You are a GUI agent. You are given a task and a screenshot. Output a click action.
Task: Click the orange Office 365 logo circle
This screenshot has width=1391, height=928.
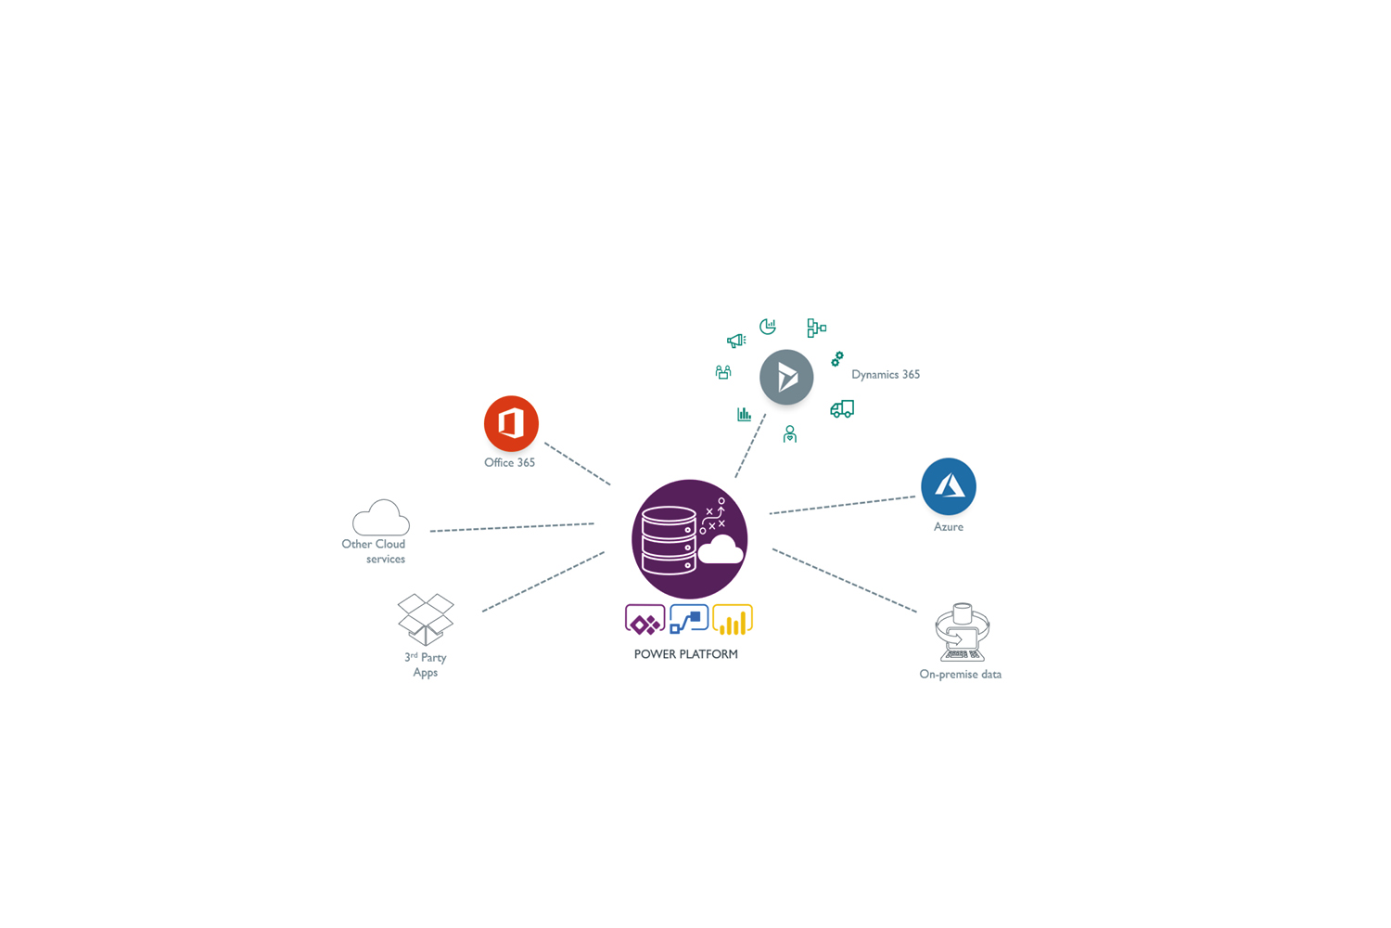(511, 423)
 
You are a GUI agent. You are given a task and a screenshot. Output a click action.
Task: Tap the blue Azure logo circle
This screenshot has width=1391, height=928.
(949, 486)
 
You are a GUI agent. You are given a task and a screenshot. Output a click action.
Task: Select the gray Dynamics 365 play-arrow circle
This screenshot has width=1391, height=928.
(786, 377)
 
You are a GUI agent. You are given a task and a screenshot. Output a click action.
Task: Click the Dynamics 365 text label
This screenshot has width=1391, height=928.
(886, 374)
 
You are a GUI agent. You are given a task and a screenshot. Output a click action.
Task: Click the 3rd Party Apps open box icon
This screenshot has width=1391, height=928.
(426, 619)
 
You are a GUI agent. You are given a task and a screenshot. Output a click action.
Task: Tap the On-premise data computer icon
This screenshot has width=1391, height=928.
(962, 632)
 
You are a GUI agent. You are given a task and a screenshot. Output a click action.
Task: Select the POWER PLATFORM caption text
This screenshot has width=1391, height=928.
(685, 654)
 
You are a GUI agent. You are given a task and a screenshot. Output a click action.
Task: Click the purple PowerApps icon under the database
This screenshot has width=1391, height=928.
(644, 620)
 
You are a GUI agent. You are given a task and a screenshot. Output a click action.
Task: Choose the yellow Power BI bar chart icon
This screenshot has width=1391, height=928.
(733, 620)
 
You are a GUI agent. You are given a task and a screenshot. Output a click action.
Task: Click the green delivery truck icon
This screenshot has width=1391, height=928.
(842, 409)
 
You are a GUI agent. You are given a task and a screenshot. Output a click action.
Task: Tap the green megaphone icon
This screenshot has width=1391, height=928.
(736, 341)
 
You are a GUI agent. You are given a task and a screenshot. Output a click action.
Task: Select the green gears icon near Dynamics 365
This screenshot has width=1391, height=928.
(837, 359)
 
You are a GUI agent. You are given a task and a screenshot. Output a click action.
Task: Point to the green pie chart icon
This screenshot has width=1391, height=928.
(768, 327)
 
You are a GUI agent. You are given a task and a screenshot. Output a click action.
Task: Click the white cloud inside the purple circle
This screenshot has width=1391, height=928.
(721, 550)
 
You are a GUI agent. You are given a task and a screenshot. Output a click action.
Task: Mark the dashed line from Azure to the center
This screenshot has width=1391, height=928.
(842, 505)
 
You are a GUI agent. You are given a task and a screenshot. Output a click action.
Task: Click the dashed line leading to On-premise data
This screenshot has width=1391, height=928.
(845, 581)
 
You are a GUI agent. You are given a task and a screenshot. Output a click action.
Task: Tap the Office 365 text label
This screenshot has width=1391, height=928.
(509, 462)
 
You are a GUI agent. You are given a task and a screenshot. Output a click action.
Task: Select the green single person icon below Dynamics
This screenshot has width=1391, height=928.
(790, 434)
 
